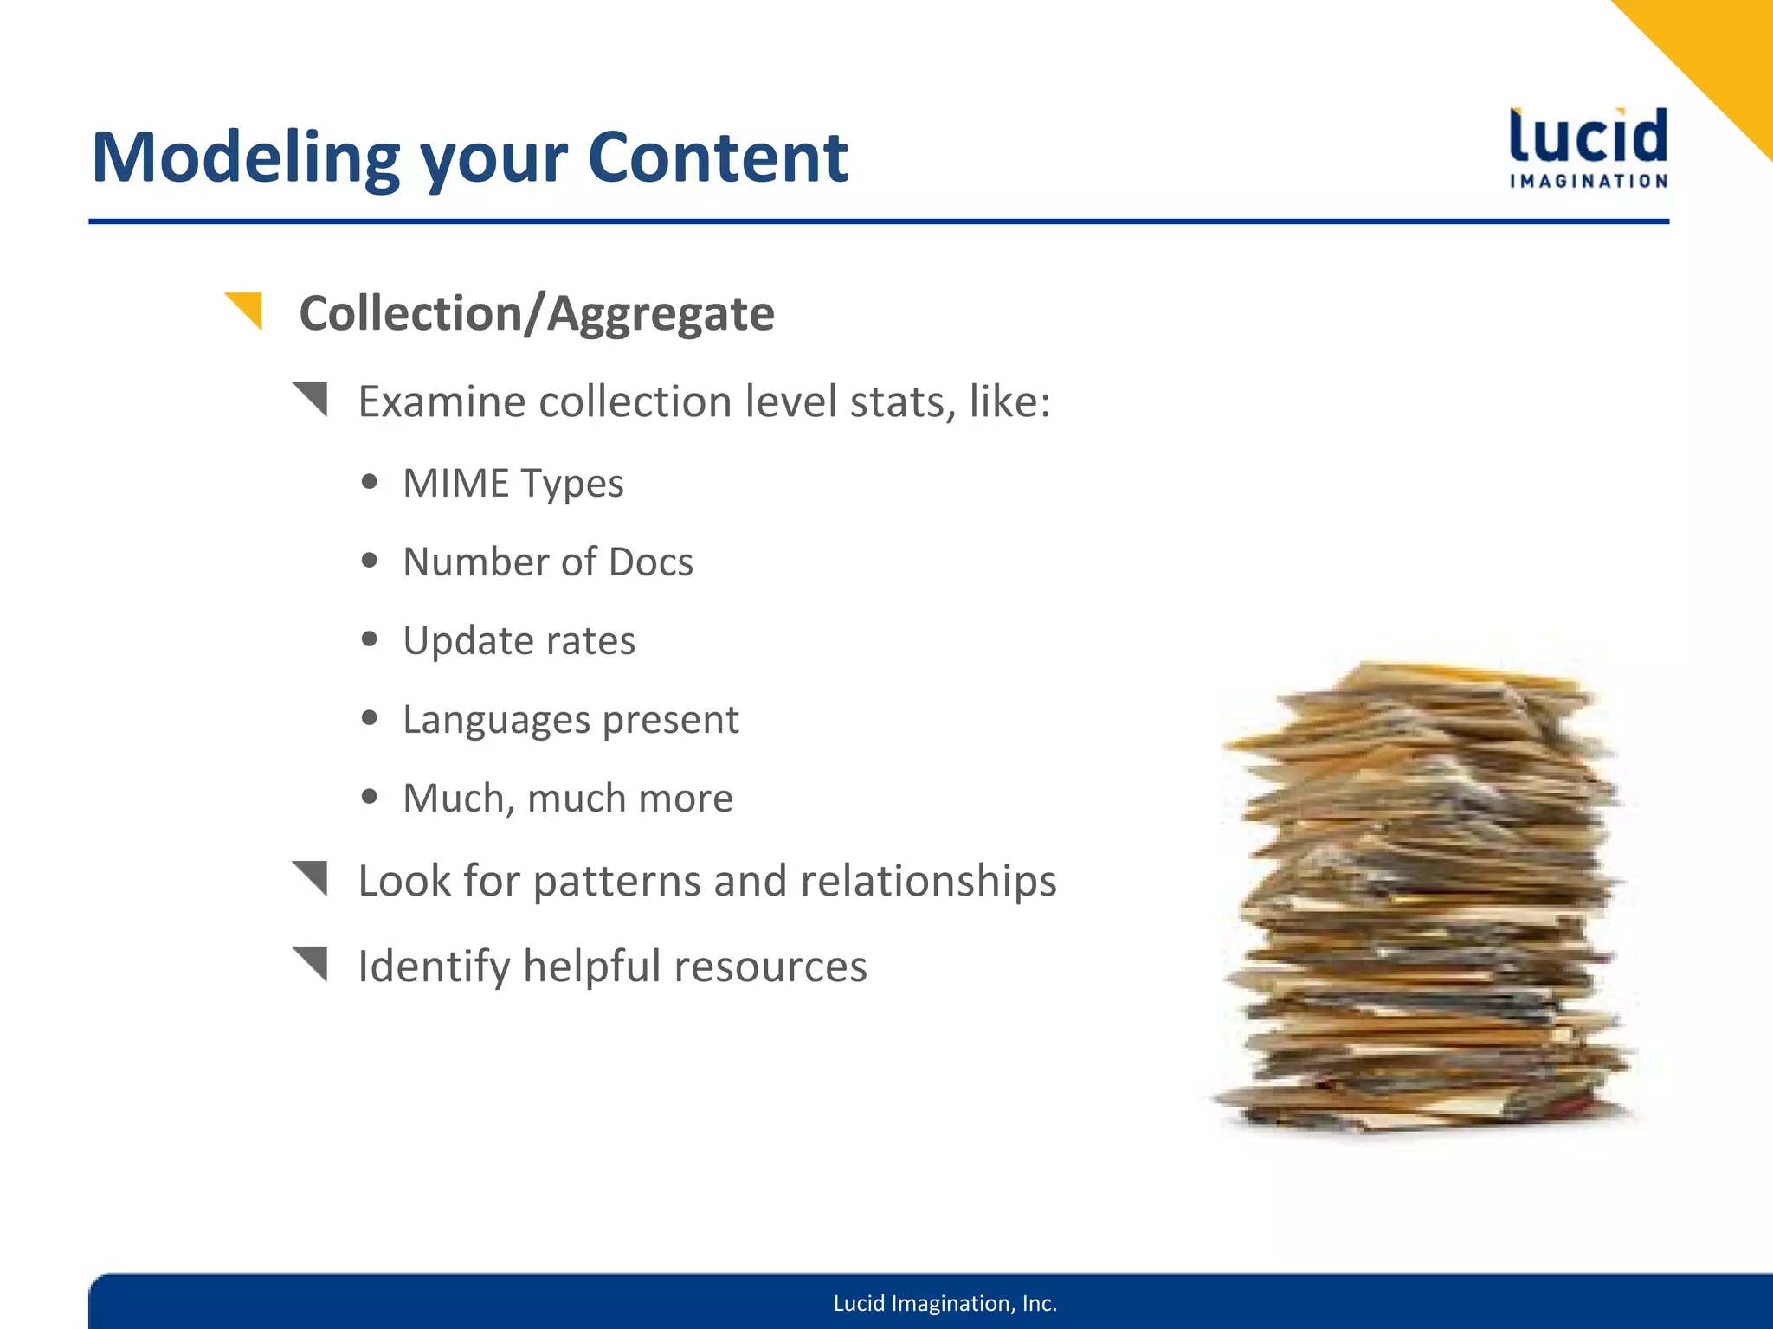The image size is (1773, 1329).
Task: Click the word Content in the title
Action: point(718,157)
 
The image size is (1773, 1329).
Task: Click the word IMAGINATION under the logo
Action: point(1589,181)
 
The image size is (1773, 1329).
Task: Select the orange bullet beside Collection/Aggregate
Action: point(246,310)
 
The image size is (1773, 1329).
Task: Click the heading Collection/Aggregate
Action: point(536,313)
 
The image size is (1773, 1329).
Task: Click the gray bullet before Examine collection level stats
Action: point(312,398)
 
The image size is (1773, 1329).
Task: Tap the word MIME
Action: point(455,483)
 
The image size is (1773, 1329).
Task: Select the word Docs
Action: point(650,562)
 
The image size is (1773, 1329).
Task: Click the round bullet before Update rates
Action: point(371,639)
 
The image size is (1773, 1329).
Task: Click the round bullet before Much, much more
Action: point(371,797)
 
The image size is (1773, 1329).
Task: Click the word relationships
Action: point(928,882)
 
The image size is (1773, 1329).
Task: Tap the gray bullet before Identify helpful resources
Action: point(312,963)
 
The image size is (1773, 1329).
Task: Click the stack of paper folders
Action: point(1424,900)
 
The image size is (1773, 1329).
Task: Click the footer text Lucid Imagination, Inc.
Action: point(945,1303)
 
